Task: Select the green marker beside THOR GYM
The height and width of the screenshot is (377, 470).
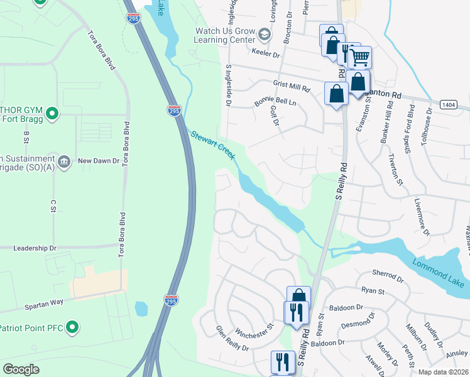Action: [53, 114]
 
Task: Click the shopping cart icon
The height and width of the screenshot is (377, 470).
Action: [360, 58]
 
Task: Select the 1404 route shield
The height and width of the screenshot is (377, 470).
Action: [448, 106]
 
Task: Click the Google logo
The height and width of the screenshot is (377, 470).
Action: [21, 369]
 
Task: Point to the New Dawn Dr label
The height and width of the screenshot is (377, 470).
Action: [98, 161]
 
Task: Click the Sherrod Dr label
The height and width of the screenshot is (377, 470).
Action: [386, 275]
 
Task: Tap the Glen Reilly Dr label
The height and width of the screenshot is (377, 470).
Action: [232, 338]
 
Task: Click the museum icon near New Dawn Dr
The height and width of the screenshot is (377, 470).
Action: [63, 161]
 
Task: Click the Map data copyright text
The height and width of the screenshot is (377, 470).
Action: [442, 372]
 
